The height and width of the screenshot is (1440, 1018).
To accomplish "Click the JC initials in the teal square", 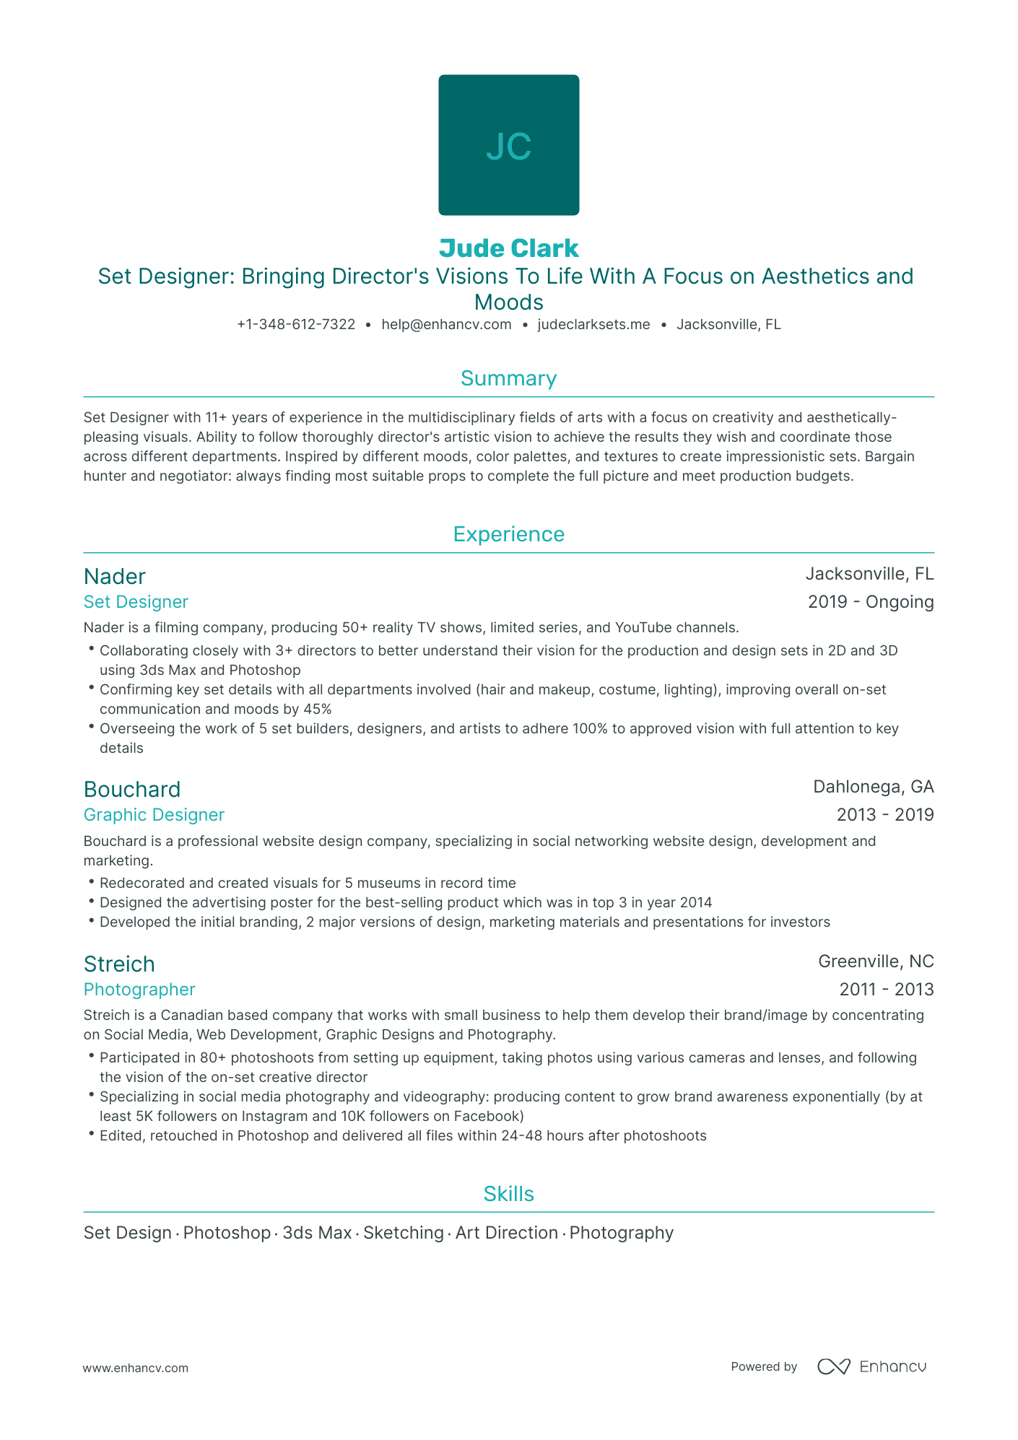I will click(508, 147).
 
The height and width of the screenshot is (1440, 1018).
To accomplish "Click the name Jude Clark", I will click(508, 248).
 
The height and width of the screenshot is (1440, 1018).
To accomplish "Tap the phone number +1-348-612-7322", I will click(296, 325).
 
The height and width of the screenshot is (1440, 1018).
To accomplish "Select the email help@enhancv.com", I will click(446, 325).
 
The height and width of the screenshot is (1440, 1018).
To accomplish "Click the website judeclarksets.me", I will click(593, 325).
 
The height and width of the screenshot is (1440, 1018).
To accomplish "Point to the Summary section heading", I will click(508, 379).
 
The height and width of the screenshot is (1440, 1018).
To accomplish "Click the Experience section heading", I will click(508, 534).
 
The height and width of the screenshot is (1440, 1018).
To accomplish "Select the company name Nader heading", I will click(114, 577).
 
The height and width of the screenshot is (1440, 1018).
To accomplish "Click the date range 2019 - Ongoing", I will click(870, 602).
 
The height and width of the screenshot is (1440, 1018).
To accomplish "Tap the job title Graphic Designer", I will click(154, 815).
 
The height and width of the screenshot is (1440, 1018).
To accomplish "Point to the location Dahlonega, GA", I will click(873, 787).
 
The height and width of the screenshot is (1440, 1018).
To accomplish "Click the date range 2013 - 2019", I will click(884, 815).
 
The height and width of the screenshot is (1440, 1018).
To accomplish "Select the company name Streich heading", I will click(119, 964).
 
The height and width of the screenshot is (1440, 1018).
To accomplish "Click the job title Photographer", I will click(139, 990).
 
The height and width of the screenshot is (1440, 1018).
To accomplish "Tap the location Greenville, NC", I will click(875, 961).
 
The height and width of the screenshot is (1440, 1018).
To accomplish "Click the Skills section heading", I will click(508, 1194).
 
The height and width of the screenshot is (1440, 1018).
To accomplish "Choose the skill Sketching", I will click(403, 1233).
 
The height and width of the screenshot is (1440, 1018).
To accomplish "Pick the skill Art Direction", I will click(506, 1233).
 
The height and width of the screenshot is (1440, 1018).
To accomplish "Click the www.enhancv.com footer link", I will click(135, 1368).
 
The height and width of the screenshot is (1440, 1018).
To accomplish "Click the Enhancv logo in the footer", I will click(871, 1366).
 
